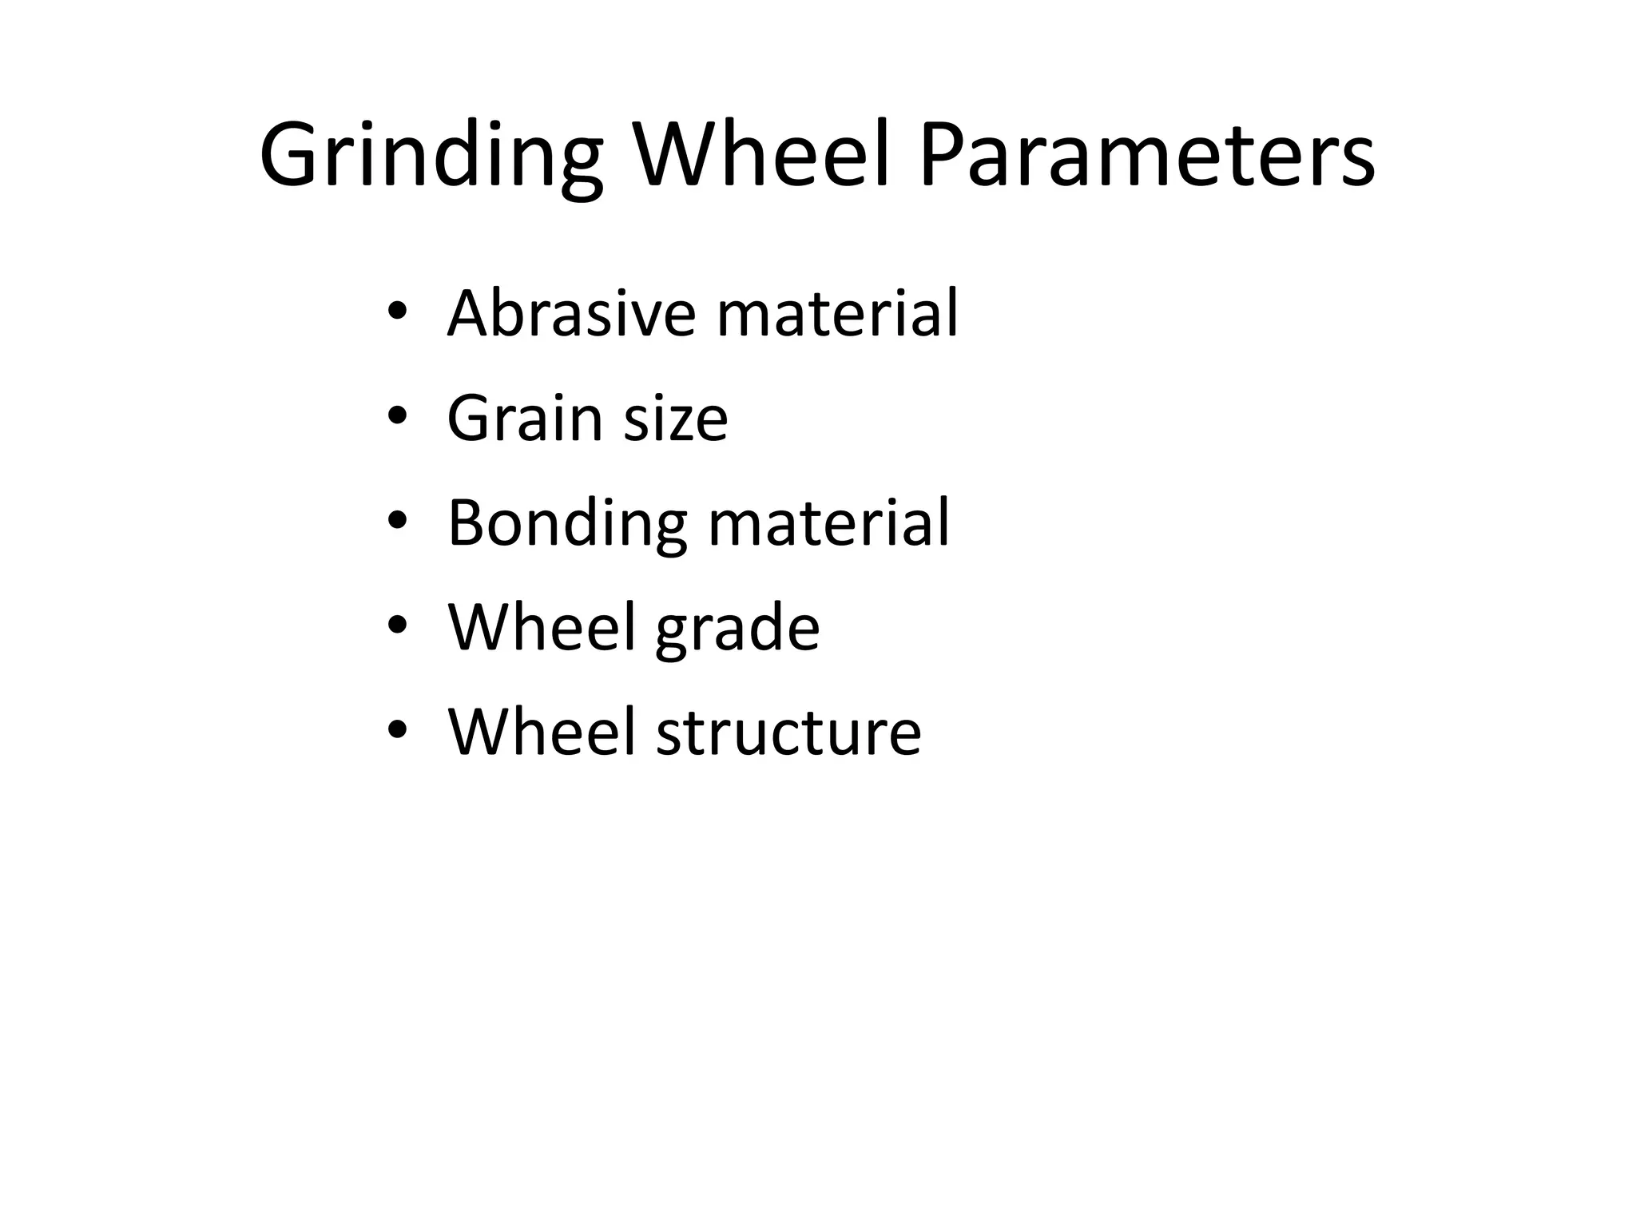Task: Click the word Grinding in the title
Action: point(431,156)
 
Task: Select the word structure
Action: point(788,733)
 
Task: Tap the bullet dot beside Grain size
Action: point(397,417)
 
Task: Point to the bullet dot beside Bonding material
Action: point(397,522)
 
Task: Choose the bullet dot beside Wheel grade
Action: point(397,626)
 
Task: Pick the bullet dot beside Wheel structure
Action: point(397,731)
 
